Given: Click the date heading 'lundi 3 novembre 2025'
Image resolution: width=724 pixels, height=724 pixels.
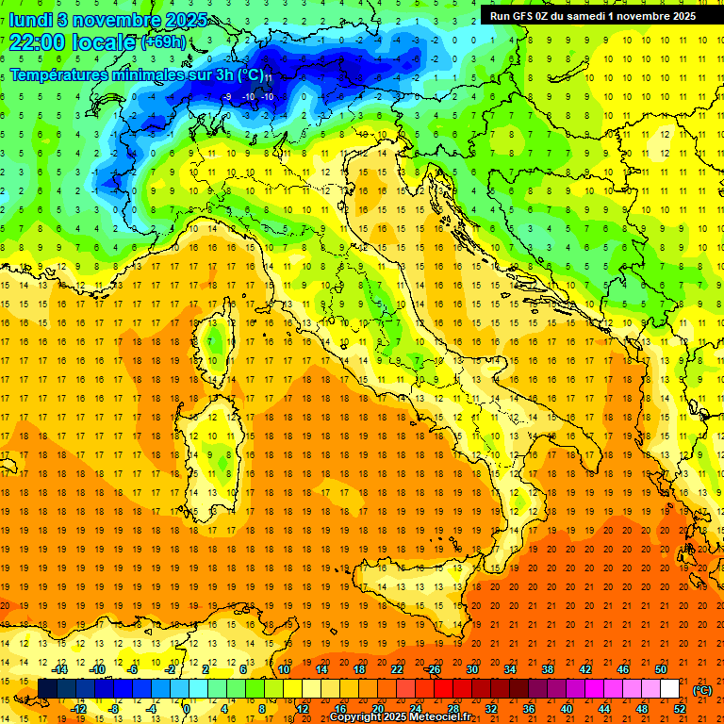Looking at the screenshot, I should tap(109, 19).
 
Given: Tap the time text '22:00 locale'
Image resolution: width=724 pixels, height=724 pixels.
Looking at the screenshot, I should tap(71, 42).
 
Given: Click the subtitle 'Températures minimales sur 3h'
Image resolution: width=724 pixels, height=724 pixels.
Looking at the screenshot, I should tap(132, 74).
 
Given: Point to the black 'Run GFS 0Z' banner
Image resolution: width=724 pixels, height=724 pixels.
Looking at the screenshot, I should tap(593, 15).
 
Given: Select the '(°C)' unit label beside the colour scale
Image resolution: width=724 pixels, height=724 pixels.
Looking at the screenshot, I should tap(702, 690).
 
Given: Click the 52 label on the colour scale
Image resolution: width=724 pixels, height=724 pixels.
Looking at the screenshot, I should tap(680, 709).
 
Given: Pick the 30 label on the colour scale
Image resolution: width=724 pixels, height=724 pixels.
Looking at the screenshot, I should tap(472, 669).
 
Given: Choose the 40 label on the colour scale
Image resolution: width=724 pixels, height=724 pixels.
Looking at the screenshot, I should tap(567, 709).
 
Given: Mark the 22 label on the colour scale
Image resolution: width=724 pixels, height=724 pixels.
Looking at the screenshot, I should tap(397, 669).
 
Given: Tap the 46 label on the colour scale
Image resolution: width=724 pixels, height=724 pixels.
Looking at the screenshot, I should tap(623, 669).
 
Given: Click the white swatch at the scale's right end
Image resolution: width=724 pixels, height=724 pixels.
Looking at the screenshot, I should tap(670, 689).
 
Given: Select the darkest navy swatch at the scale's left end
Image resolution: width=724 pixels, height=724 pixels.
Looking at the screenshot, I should tap(47, 689).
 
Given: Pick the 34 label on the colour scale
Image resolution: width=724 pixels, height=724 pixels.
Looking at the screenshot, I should tap(510, 669).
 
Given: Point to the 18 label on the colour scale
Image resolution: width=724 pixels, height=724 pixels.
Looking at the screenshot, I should tap(359, 669).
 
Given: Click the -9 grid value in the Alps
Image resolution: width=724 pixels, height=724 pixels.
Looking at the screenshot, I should tap(228, 96).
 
